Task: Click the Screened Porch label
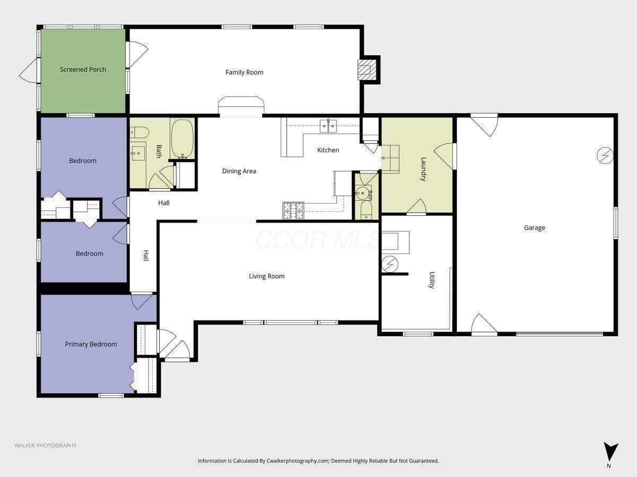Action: (83, 69)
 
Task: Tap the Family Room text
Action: (244, 73)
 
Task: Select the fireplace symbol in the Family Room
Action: (367, 70)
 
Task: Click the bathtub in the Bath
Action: (182, 139)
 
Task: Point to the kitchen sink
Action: (328, 126)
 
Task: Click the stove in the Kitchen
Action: (294, 210)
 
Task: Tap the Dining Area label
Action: (239, 171)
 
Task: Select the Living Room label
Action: (266, 276)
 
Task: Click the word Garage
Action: (535, 228)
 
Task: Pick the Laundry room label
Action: (423, 170)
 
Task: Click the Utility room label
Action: (432, 280)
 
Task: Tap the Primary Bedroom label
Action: (91, 344)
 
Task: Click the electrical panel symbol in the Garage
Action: (605, 156)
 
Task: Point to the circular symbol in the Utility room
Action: (390, 264)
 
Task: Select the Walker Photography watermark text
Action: (45, 445)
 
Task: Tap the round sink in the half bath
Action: (362, 193)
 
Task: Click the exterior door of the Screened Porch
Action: (29, 70)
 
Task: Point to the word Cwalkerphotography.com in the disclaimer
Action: (298, 461)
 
